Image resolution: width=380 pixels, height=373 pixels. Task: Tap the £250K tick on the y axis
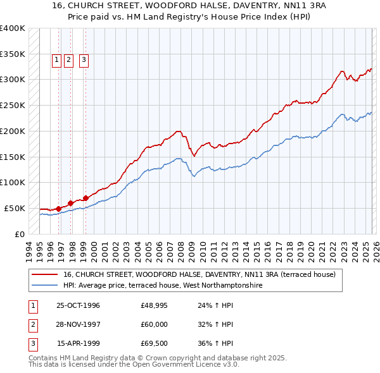coord(13,105)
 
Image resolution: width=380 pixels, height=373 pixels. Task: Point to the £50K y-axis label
coord(15,208)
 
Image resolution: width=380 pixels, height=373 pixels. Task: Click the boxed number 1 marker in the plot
coord(56,60)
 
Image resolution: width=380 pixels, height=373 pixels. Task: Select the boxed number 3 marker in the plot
coord(84,60)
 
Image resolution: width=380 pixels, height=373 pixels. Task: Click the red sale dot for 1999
coord(85,198)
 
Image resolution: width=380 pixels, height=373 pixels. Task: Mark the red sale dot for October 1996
coord(58,208)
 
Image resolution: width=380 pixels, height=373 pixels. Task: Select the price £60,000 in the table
coord(154,324)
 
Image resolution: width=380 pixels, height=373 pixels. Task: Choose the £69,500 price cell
coord(154,343)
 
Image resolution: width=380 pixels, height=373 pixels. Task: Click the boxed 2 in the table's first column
coord(31,324)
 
